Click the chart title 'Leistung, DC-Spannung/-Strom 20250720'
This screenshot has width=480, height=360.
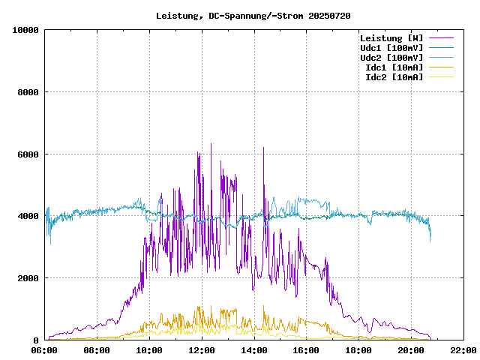click(x=253, y=16)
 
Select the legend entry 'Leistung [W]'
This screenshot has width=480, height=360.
click(x=391, y=38)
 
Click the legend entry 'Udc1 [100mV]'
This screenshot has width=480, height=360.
click(x=391, y=48)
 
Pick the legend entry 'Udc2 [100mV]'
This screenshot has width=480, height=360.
click(x=391, y=58)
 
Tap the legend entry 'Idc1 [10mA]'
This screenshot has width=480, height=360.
click(x=394, y=67)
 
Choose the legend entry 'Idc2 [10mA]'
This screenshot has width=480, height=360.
click(x=394, y=77)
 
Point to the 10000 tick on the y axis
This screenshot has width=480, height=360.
click(x=26, y=30)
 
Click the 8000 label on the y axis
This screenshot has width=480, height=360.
click(x=28, y=92)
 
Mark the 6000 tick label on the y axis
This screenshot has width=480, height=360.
click(x=28, y=154)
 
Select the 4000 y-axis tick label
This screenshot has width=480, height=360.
click(x=28, y=216)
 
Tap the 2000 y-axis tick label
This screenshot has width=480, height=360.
click(x=28, y=278)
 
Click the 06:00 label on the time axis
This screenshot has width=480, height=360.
click(x=45, y=349)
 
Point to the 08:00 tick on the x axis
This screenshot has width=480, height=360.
click(x=97, y=349)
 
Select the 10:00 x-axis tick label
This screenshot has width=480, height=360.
click(x=149, y=349)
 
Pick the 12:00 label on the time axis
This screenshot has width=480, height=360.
click(x=202, y=349)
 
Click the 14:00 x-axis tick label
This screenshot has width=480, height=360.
click(x=254, y=349)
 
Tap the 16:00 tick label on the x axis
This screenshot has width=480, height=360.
click(x=306, y=349)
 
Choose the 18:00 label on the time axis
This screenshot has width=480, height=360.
click(x=358, y=349)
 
